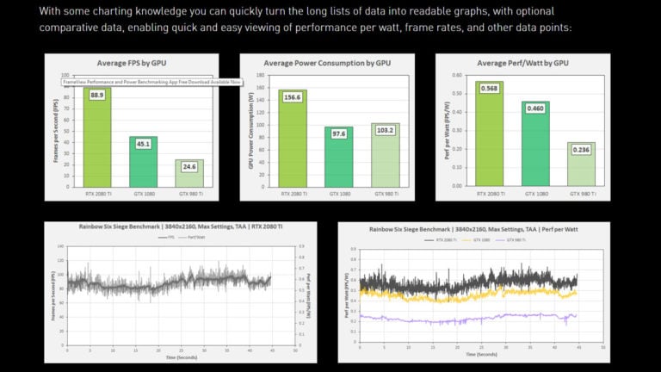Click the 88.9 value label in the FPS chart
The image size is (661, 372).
(x=96, y=96)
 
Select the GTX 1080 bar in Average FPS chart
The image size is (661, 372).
(x=143, y=164)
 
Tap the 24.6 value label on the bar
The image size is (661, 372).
(x=188, y=167)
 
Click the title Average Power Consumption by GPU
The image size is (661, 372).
(x=326, y=64)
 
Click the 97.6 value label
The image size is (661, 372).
(x=338, y=133)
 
